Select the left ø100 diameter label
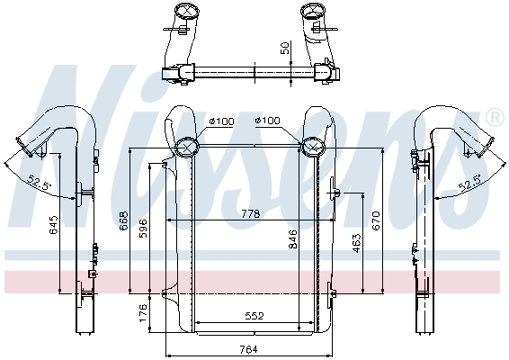(x=220, y=121)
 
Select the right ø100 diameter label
(x=268, y=121)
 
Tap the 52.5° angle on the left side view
(x=39, y=183)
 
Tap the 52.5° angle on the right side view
(x=470, y=184)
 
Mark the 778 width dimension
(x=251, y=214)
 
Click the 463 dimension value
(x=356, y=243)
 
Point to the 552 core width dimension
(x=254, y=316)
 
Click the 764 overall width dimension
(x=247, y=349)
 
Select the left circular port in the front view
(x=187, y=147)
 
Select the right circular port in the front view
(x=313, y=147)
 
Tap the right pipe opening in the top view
(x=316, y=12)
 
